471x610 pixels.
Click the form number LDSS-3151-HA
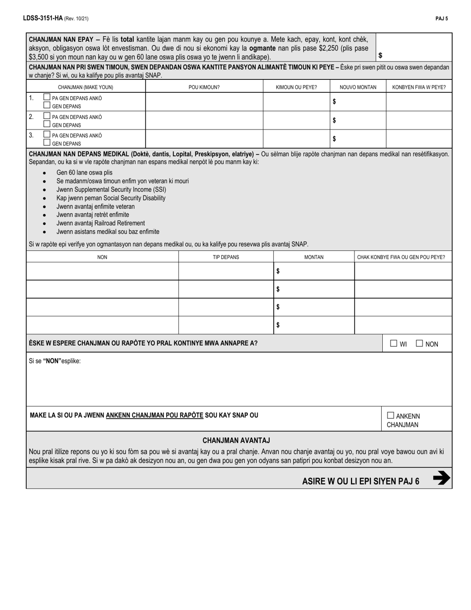(43, 18)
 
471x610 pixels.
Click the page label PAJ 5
(442, 18)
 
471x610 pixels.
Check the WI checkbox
(394, 343)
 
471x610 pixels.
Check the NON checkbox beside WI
(419, 343)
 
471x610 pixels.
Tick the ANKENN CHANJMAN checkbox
(391, 416)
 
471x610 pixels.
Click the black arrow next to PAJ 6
(441, 478)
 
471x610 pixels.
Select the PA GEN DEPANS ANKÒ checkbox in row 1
(47, 98)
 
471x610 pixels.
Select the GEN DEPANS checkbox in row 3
(47, 143)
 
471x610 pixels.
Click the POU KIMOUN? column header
(204, 88)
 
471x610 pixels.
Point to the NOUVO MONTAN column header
(357, 88)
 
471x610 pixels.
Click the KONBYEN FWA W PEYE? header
(418, 88)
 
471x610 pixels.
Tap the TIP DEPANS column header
(226, 257)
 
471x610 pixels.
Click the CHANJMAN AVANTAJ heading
(236, 440)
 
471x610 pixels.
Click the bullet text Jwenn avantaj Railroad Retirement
(101, 223)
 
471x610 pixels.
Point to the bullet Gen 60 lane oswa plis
(84, 173)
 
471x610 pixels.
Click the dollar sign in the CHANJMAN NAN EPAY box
(380, 56)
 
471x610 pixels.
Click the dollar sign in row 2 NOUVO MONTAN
(334, 120)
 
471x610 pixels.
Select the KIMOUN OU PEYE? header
(296, 88)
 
